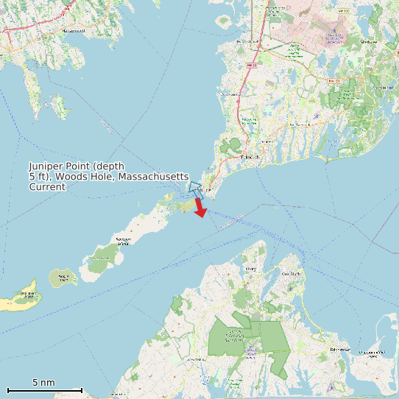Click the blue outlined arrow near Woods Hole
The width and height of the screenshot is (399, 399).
pyautogui.click(x=194, y=188)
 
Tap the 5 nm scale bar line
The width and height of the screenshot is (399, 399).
pyautogui.click(x=44, y=389)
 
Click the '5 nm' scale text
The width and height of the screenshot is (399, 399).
pyautogui.click(x=43, y=383)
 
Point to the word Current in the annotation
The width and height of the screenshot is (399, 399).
pyautogui.click(x=47, y=187)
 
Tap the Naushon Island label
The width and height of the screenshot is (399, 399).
pyautogui.click(x=122, y=241)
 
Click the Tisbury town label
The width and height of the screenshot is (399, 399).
pyautogui.click(x=251, y=269)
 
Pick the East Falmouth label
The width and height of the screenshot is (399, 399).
pyautogui.click(x=300, y=125)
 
